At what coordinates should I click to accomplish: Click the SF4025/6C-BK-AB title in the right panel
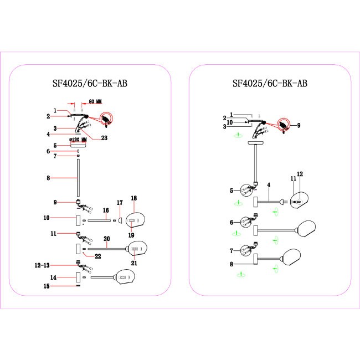(270, 84)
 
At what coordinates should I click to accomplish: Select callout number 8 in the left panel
(49, 178)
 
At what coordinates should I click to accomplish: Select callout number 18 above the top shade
(133, 198)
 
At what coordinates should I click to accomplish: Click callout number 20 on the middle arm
(107, 239)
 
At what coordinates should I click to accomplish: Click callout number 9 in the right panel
(299, 126)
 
